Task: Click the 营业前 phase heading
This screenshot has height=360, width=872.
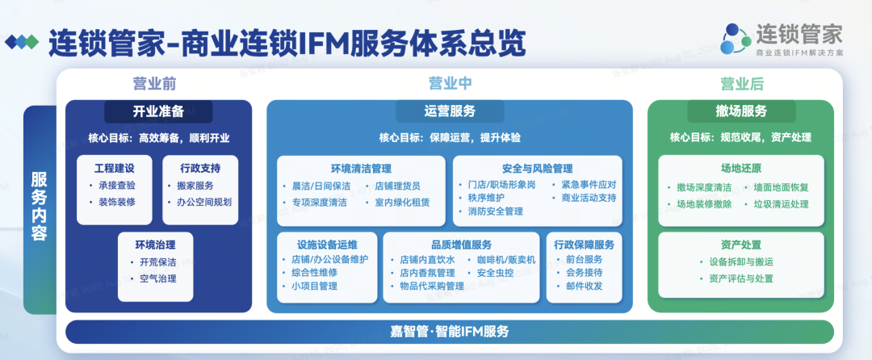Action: point(154,83)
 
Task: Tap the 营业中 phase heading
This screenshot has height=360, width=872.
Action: point(450,83)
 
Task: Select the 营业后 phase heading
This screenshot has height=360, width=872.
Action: point(742,83)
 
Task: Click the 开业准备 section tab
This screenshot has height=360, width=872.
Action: point(158,111)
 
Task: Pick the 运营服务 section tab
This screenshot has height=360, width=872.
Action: point(450,111)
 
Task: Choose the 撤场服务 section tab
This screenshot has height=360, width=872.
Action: point(741,111)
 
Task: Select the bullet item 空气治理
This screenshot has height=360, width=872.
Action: point(158,278)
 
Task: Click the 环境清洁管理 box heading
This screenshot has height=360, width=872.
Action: point(361,169)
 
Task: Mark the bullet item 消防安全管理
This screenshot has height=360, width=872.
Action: point(495,211)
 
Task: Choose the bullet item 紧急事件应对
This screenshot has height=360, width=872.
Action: point(589,185)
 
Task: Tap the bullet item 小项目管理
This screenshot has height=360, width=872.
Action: point(314,286)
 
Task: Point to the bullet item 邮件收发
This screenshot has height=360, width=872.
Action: point(584,286)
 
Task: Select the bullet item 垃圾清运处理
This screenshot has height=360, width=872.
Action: point(782,204)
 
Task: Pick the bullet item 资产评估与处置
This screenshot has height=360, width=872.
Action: point(741,278)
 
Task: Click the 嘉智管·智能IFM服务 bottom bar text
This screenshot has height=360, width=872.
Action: point(450,333)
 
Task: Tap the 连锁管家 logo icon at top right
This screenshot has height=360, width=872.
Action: point(736,39)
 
